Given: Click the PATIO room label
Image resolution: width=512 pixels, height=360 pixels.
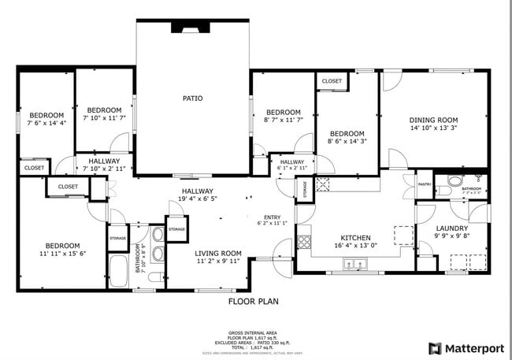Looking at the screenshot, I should [193, 98].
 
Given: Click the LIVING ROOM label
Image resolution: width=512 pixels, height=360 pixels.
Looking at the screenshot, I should [218, 253].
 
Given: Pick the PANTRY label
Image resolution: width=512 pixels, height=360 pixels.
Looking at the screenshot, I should [425, 185].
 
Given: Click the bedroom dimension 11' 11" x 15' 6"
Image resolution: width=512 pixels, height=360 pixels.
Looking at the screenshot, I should [61, 253].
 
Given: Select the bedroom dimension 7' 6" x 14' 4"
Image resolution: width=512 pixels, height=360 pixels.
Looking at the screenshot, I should [46, 123].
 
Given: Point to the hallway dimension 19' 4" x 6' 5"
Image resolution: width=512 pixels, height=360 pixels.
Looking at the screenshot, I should [198, 199].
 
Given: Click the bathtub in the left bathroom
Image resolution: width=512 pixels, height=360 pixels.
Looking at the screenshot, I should [120, 271].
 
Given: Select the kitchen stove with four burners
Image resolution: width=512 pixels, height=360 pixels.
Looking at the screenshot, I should [304, 242].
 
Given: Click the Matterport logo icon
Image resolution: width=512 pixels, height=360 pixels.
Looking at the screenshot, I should [434, 348].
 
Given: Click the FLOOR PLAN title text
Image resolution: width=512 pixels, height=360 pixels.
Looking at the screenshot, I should [253, 301].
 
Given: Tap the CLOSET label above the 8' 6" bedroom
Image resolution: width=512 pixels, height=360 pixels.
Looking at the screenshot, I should [332, 81].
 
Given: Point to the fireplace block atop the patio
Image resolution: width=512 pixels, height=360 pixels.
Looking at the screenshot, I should [191, 27].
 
